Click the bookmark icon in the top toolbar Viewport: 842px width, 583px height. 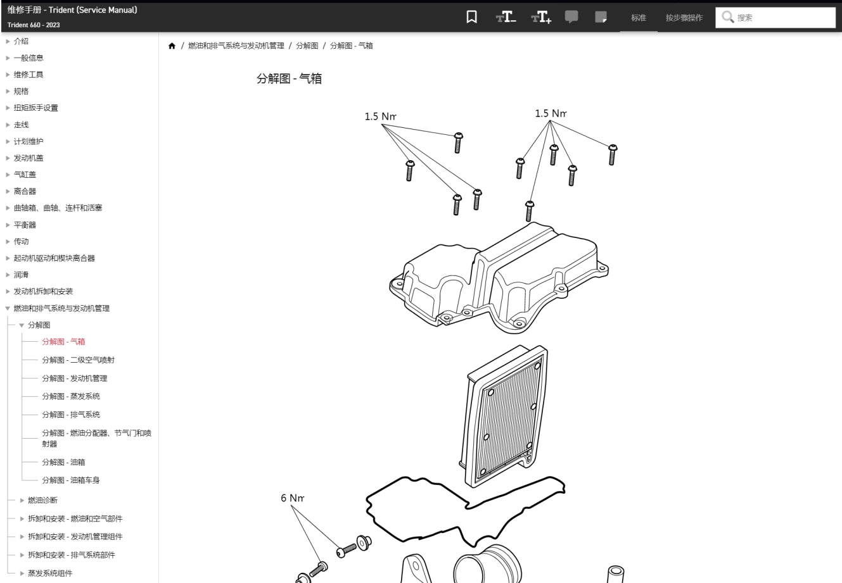coord(471,17)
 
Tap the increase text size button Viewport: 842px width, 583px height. coord(541,17)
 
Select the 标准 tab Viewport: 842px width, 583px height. coord(638,18)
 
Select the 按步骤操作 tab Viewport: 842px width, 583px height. coord(684,18)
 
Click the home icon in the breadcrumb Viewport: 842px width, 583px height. coord(172,46)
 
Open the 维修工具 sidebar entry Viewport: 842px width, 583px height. coord(29,75)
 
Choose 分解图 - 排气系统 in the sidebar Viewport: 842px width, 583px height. coord(71,415)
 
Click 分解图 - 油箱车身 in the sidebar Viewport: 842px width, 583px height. coord(71,480)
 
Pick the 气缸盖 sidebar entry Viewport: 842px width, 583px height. coord(25,175)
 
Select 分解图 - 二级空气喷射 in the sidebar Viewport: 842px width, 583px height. coord(79,360)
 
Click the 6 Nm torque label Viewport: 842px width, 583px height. coord(292,498)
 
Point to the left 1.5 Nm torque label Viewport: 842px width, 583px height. coord(380,116)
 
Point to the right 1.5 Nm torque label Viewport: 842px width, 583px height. coord(550,113)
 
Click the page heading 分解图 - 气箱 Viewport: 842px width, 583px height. coord(289,79)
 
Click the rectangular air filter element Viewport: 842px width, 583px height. coord(507,418)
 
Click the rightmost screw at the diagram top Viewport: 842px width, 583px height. coord(612,154)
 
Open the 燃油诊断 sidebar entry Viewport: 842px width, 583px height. coord(42,500)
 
